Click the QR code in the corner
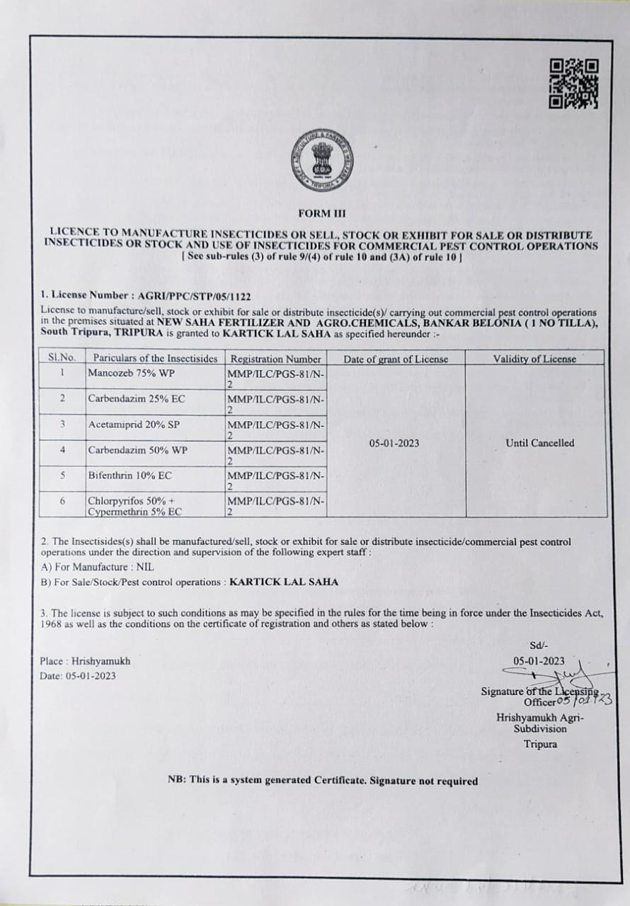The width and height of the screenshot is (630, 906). click(x=574, y=84)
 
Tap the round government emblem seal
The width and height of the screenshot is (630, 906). click(x=322, y=162)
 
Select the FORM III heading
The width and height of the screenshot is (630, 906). click(x=322, y=213)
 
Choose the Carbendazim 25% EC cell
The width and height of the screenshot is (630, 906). click(x=136, y=398)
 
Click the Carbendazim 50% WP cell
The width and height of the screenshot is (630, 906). click(x=137, y=449)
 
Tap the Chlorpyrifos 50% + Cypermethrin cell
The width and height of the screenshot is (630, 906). click(x=134, y=505)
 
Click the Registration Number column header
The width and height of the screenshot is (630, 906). click(x=275, y=359)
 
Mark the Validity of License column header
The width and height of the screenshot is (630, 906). click(x=534, y=359)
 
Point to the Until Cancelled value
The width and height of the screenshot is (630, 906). click(x=539, y=443)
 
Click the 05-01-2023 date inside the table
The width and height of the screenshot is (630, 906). click(x=394, y=443)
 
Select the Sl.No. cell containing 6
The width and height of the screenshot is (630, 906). click(x=62, y=501)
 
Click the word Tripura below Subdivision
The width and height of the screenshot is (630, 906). click(x=540, y=744)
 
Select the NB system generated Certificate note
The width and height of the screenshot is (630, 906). click(x=322, y=781)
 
